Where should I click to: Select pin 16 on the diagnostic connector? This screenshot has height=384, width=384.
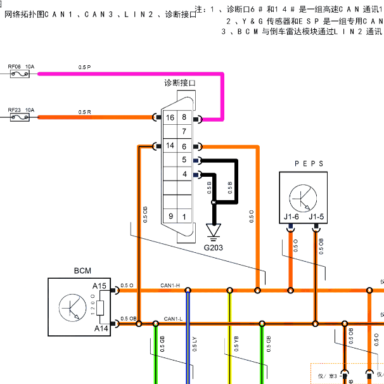click(170, 118)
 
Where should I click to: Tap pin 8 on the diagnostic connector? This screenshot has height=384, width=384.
click(184, 118)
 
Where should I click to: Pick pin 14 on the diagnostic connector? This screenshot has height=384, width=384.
click(170, 146)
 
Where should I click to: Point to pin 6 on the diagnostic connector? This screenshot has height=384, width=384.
click(184, 146)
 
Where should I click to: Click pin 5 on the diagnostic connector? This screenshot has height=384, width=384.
click(184, 160)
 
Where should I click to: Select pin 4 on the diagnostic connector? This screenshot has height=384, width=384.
click(184, 174)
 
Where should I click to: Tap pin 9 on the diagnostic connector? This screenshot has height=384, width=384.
click(170, 217)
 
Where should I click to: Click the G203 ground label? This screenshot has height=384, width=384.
click(214, 247)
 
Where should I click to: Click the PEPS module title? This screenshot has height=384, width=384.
click(309, 163)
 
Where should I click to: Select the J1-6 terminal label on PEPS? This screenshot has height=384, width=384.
click(291, 217)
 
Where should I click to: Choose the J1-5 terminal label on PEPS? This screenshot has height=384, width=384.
click(316, 217)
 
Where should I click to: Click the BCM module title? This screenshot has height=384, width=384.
click(82, 271)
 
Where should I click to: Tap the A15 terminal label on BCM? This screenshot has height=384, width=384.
click(100, 286)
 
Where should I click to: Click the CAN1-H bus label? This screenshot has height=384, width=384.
click(170, 286)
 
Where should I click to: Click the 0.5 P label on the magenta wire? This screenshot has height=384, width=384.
click(84, 67)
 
